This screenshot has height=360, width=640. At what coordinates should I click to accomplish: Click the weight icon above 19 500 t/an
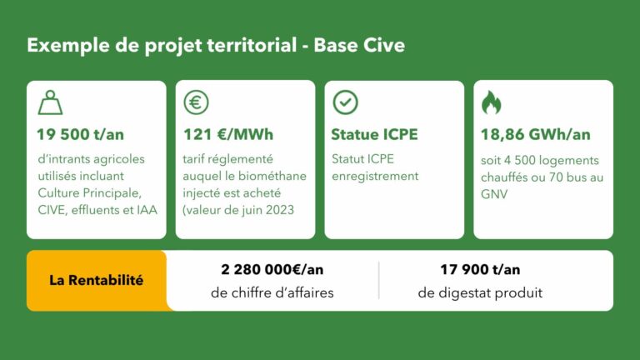click(50, 102)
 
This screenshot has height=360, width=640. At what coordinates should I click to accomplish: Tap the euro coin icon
click(196, 102)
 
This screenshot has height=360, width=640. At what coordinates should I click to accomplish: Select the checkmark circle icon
click(345, 102)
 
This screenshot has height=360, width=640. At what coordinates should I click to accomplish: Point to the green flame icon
click(491, 102)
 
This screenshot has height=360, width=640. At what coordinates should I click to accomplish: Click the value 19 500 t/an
click(80, 134)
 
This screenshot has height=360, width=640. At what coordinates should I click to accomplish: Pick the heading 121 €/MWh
click(228, 134)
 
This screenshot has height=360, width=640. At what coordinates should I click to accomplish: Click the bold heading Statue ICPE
click(374, 134)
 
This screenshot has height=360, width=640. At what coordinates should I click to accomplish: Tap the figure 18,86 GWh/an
click(536, 134)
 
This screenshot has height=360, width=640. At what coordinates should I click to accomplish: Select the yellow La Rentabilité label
click(97, 280)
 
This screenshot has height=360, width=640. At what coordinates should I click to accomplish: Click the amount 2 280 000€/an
click(272, 269)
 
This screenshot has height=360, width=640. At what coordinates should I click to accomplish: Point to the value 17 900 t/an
click(480, 269)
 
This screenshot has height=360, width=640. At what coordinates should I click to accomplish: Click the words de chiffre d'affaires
click(272, 292)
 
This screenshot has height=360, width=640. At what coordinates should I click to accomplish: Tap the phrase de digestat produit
click(480, 292)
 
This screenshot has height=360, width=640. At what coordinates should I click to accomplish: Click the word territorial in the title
click(252, 45)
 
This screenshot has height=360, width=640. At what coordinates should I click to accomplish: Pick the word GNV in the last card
click(494, 194)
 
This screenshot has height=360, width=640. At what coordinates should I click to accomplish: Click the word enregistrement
click(375, 177)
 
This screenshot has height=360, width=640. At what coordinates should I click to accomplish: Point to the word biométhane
click(272, 176)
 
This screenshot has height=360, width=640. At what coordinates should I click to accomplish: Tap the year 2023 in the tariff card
click(280, 210)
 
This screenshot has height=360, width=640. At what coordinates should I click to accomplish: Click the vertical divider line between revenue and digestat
click(379, 280)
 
